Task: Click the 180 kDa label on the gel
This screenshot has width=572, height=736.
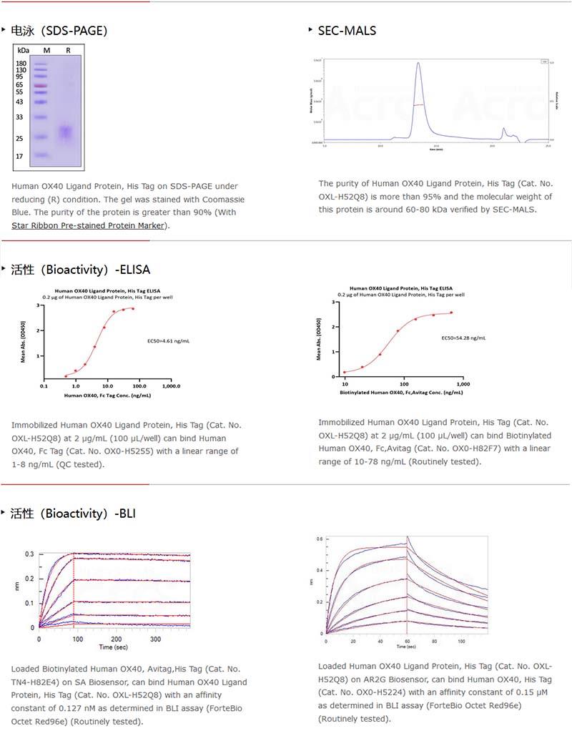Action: click(21, 64)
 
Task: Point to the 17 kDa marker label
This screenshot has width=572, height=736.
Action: click(21, 156)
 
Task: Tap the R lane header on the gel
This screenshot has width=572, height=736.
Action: click(68, 50)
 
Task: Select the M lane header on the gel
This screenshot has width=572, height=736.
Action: click(46, 50)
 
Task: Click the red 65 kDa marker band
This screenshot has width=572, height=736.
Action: click(41, 84)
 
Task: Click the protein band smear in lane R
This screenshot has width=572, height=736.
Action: click(66, 132)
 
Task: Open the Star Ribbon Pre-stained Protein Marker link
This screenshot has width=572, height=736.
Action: click(89, 225)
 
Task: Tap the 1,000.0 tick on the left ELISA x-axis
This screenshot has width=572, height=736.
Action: click(171, 386)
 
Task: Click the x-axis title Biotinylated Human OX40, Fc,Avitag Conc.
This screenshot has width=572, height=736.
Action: click(401, 393)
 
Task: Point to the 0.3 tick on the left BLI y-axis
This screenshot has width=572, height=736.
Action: click(29, 554)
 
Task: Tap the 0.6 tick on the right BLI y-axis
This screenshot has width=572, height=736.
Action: click(320, 539)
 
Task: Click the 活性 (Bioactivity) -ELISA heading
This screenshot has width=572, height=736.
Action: click(80, 270)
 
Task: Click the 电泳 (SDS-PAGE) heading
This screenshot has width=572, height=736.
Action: click(59, 30)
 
